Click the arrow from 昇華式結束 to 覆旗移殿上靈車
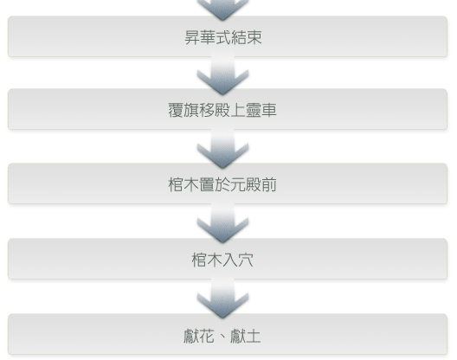222,74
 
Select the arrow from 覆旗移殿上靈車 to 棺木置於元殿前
222,148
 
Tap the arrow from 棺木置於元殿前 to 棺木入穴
222,222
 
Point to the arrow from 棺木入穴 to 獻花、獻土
222,298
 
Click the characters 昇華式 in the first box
208,37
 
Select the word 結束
247,37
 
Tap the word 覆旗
183,110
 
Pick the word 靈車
261,110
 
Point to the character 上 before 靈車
238,110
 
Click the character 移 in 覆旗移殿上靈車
207,110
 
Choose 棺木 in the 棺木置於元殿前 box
183,185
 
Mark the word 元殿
246,185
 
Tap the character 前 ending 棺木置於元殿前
268,185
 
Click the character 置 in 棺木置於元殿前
207,185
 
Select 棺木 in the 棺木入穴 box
207,260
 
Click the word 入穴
238,260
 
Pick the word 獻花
199,336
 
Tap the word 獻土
246,336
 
